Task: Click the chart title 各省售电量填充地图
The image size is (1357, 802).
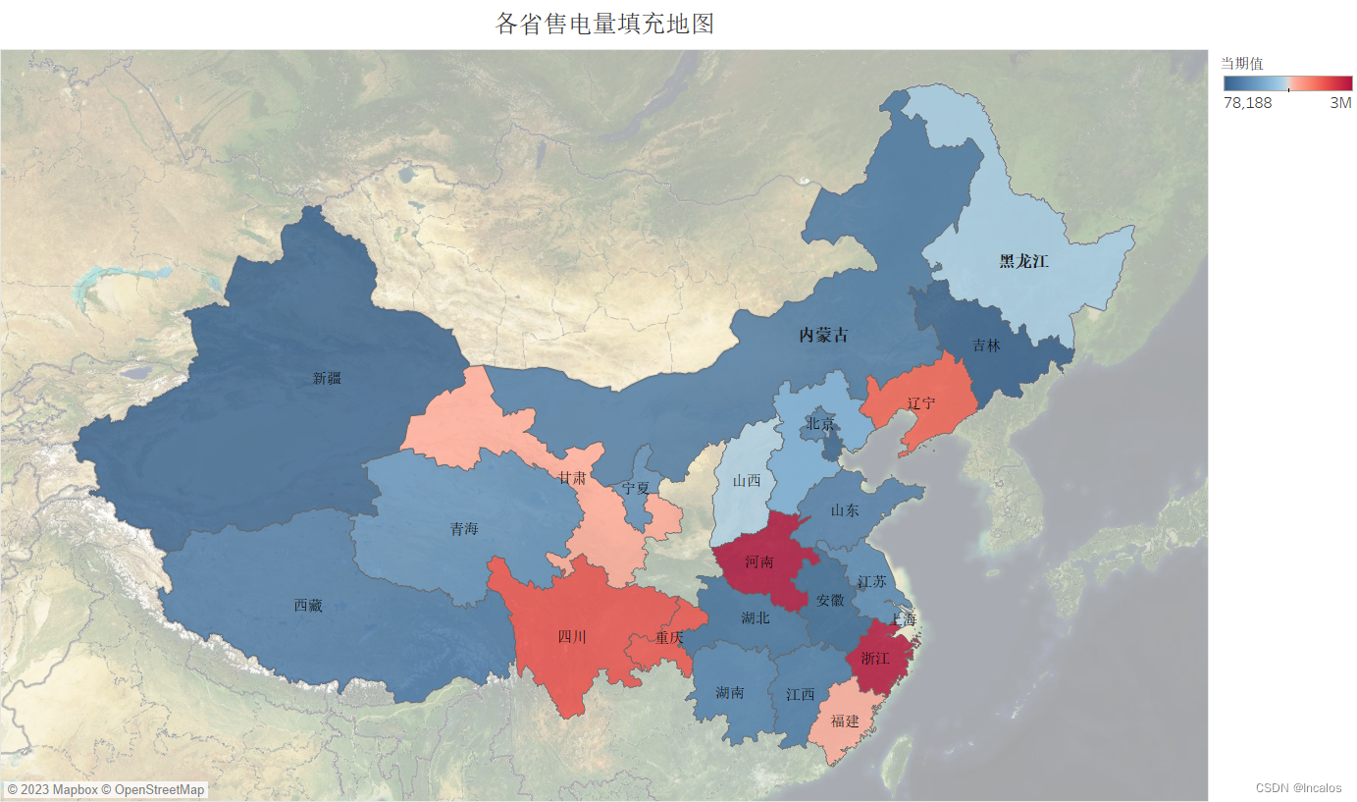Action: tap(604, 25)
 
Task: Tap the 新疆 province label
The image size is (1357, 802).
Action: tap(327, 378)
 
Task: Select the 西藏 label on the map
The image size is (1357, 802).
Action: tap(308, 606)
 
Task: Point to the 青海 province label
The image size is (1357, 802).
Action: tap(464, 529)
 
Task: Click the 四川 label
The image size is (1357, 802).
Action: tap(572, 637)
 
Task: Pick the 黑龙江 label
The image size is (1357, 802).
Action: tap(1023, 261)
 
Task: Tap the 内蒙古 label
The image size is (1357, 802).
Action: tap(823, 335)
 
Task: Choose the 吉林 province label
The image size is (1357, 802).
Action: tap(986, 346)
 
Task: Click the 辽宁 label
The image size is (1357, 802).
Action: tap(921, 403)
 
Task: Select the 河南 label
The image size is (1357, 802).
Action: tap(758, 562)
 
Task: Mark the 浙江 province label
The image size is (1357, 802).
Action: tap(875, 658)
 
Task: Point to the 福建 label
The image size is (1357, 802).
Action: tap(845, 721)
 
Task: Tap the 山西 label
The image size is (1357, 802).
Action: tap(747, 481)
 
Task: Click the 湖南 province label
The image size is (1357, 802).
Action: tap(729, 693)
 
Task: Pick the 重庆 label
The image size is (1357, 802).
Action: tap(669, 637)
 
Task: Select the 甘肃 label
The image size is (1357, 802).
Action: tap(572, 478)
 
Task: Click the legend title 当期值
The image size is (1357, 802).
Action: tap(1241, 63)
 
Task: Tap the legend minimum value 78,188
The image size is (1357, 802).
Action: tap(1247, 103)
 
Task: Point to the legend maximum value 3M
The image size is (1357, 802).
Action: tap(1340, 103)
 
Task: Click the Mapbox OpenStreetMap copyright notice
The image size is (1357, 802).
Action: tap(106, 789)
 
